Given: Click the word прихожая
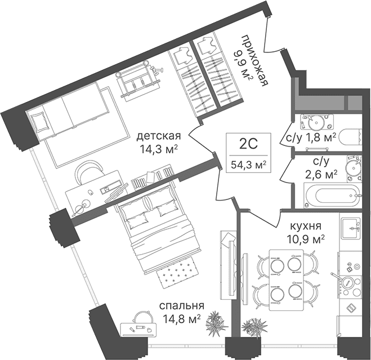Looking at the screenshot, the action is (x=256, y=61).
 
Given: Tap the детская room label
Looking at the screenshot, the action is (x=159, y=136).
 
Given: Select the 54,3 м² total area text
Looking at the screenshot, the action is (x=248, y=164).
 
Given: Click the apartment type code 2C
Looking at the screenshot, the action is (x=248, y=144).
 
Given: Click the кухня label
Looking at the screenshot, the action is (x=306, y=226).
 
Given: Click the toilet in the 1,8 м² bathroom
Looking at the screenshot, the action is (x=350, y=137).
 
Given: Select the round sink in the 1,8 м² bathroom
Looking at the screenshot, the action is (x=316, y=122).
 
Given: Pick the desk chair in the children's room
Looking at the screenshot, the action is (x=88, y=172).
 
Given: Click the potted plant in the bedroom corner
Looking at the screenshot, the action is (x=215, y=323).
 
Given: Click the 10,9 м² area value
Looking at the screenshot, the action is (x=306, y=239).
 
